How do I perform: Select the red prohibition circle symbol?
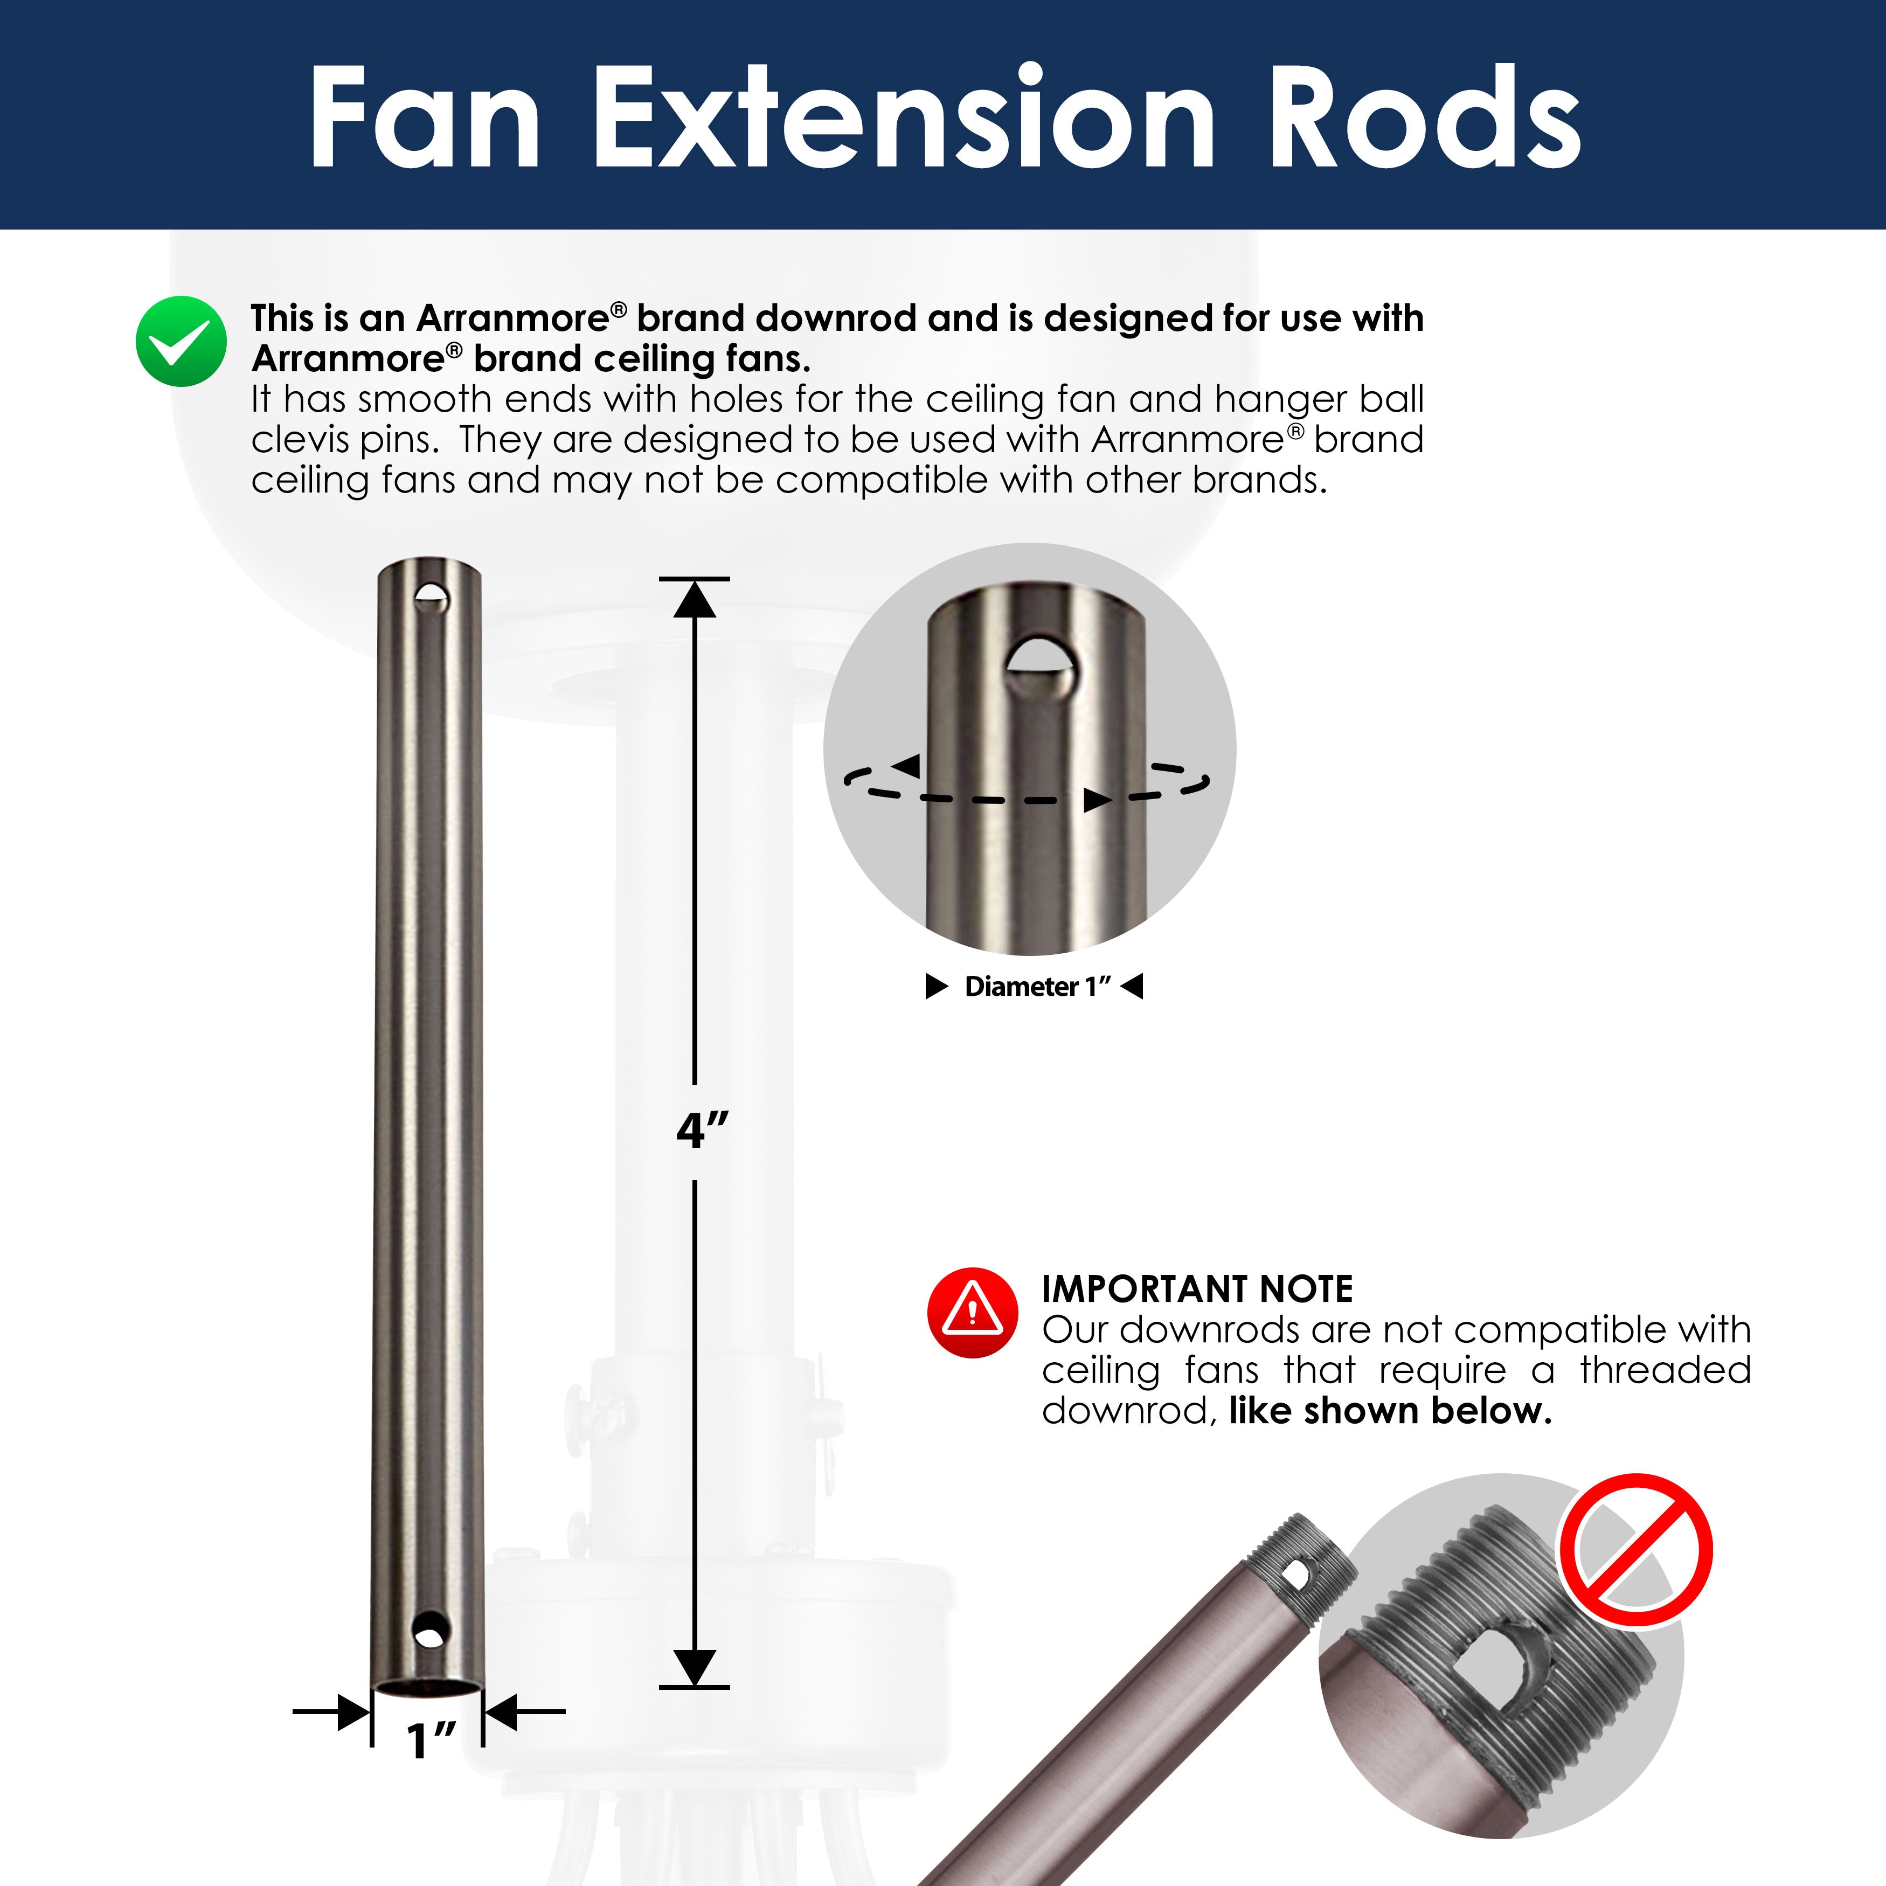tap(1634, 1550)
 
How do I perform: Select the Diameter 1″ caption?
tap(1037, 987)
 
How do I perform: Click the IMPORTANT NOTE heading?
tap(1197, 1289)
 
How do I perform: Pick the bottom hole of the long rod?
tap(429, 1630)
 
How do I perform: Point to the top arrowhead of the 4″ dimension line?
tap(694, 599)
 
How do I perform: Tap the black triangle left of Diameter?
tap(936, 987)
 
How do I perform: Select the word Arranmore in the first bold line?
tap(512, 318)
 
